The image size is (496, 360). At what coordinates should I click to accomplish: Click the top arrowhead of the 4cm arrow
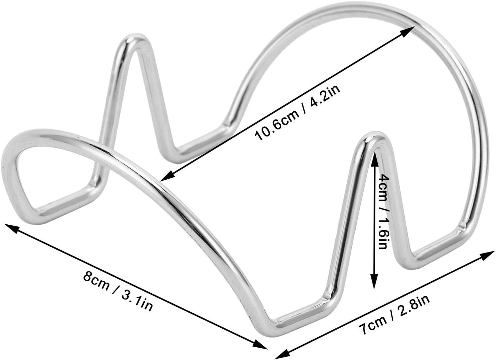[374, 159]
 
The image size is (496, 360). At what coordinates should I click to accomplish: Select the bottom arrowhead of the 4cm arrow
[374, 281]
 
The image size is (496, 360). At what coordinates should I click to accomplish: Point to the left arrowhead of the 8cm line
[12, 229]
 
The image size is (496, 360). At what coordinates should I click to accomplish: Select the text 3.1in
[137, 303]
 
